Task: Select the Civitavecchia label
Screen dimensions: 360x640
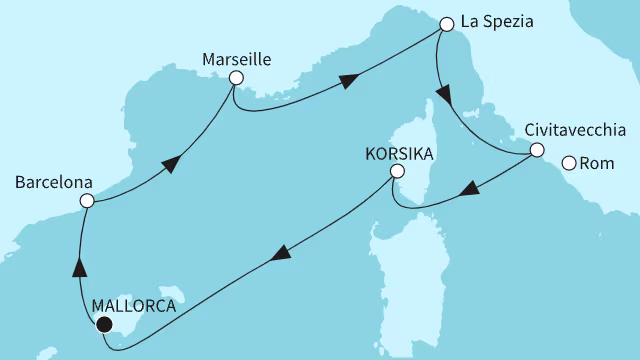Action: point(575,131)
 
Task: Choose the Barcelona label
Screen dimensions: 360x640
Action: point(54,183)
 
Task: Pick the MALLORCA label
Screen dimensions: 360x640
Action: point(133,307)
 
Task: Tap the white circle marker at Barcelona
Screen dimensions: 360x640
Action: point(87,201)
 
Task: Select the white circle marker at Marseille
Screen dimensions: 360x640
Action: point(235,77)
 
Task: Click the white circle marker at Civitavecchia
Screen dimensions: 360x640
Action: point(536,151)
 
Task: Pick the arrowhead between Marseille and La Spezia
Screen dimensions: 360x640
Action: point(348,83)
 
